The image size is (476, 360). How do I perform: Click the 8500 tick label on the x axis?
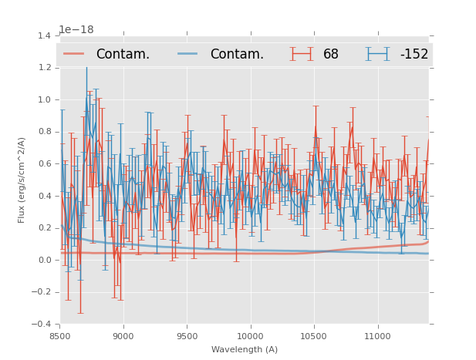point(59,336)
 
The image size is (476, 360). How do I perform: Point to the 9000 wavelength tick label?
point(123,336)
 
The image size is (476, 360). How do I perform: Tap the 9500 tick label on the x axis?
point(187,336)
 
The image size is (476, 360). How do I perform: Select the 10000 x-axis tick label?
point(251,336)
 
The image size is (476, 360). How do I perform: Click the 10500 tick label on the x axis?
point(314,336)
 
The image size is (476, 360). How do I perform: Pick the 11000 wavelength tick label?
point(378,336)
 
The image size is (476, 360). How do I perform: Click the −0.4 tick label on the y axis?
point(42,325)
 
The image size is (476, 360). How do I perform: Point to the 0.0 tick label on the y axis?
point(45,260)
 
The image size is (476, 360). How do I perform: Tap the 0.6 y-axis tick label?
point(45,163)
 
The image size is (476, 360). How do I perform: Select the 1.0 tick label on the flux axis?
point(45,99)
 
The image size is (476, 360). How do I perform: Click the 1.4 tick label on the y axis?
point(45,35)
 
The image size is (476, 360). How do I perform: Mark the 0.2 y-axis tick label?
point(45,228)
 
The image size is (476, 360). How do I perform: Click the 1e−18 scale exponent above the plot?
point(76,29)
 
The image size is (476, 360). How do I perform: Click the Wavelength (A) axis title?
point(245,349)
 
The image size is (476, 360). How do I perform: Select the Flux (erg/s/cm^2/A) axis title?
point(22,180)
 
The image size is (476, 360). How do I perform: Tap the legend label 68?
point(331,54)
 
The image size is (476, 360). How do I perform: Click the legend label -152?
point(414,54)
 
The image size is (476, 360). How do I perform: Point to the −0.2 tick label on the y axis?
point(42,292)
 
